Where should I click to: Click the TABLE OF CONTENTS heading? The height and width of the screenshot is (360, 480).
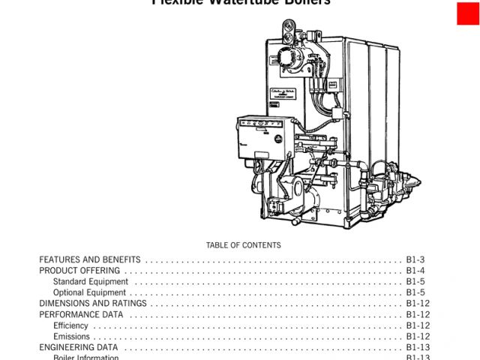tap(243, 245)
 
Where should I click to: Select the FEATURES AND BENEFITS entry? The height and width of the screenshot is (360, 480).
tap(90, 259)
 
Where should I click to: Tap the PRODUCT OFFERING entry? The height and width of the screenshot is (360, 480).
tap(79, 271)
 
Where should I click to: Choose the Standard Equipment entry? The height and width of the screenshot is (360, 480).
tap(91, 282)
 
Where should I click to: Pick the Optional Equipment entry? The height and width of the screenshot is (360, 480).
tap(90, 292)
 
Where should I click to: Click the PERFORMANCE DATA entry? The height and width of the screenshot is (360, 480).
tap(81, 315)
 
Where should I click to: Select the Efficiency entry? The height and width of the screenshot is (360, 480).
tap(70, 325)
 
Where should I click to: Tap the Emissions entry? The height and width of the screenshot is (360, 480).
tap(71, 337)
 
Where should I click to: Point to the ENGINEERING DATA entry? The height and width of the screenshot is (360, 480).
tap(79, 348)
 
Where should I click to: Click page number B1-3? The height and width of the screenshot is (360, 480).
tap(415, 259)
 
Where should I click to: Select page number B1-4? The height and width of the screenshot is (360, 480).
tap(415, 271)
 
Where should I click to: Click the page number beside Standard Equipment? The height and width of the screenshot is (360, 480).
tap(415, 282)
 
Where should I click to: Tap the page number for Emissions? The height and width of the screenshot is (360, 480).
tap(418, 337)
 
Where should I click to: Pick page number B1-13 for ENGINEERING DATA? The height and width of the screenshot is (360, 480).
tap(418, 348)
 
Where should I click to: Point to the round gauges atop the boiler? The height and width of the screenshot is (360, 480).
tap(287, 31)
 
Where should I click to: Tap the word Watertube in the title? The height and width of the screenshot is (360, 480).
tap(240, 2)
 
